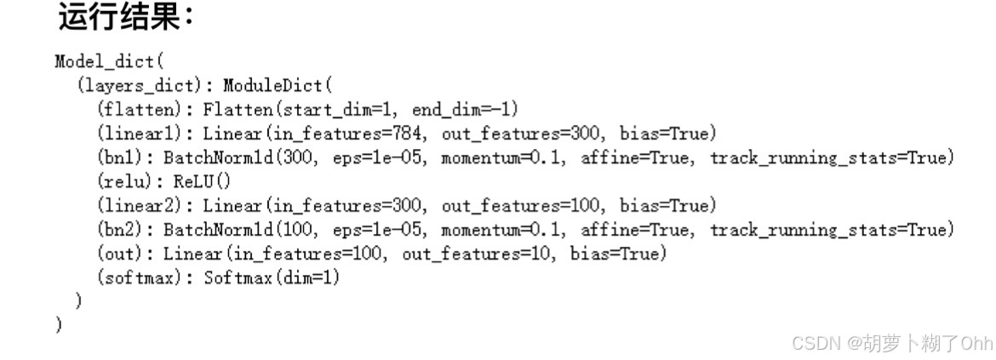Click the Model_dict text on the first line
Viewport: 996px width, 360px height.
click(107, 61)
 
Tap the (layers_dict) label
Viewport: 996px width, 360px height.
click(146, 85)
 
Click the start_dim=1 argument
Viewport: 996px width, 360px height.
click(330, 110)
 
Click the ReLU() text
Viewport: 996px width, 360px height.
click(202, 181)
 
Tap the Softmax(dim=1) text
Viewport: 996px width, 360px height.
click(272, 277)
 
